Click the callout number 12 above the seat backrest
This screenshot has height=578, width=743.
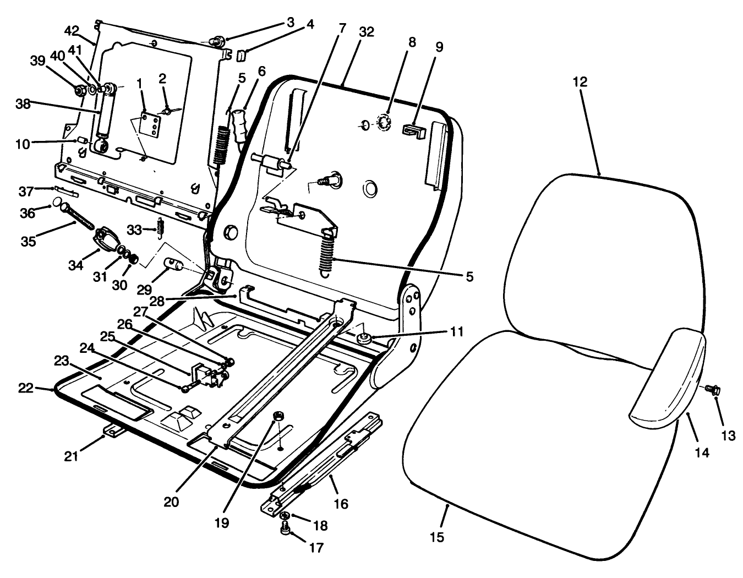580,82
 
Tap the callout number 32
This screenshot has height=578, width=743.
366,32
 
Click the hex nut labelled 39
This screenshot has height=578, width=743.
79,90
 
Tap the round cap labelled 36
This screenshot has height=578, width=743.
57,204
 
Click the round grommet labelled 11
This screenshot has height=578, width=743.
363,337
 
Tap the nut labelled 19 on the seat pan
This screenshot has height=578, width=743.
278,416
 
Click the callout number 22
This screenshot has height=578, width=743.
25,388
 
